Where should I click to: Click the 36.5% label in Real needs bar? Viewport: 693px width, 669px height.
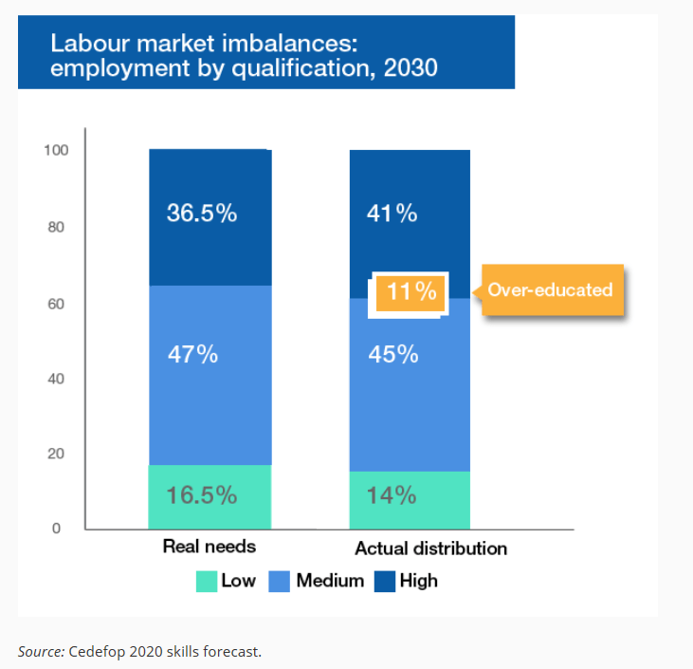tap(201, 213)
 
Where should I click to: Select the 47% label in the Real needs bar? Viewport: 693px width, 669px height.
tap(193, 354)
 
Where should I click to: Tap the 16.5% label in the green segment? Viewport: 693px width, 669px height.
tap(201, 495)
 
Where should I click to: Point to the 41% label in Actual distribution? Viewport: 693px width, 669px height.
tap(392, 214)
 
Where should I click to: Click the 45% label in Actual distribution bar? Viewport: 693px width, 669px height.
tap(392, 354)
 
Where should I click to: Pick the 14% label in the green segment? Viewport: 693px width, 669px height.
tap(392, 495)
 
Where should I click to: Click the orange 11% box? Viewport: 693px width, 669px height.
tap(410, 291)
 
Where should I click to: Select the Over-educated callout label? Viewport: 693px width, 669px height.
tap(551, 289)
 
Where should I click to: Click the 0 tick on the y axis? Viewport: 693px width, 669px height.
tap(57, 529)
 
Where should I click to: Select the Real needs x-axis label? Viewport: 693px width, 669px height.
tap(210, 547)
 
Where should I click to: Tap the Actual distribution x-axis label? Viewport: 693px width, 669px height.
tap(430, 548)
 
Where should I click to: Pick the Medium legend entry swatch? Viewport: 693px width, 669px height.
tap(281, 581)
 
